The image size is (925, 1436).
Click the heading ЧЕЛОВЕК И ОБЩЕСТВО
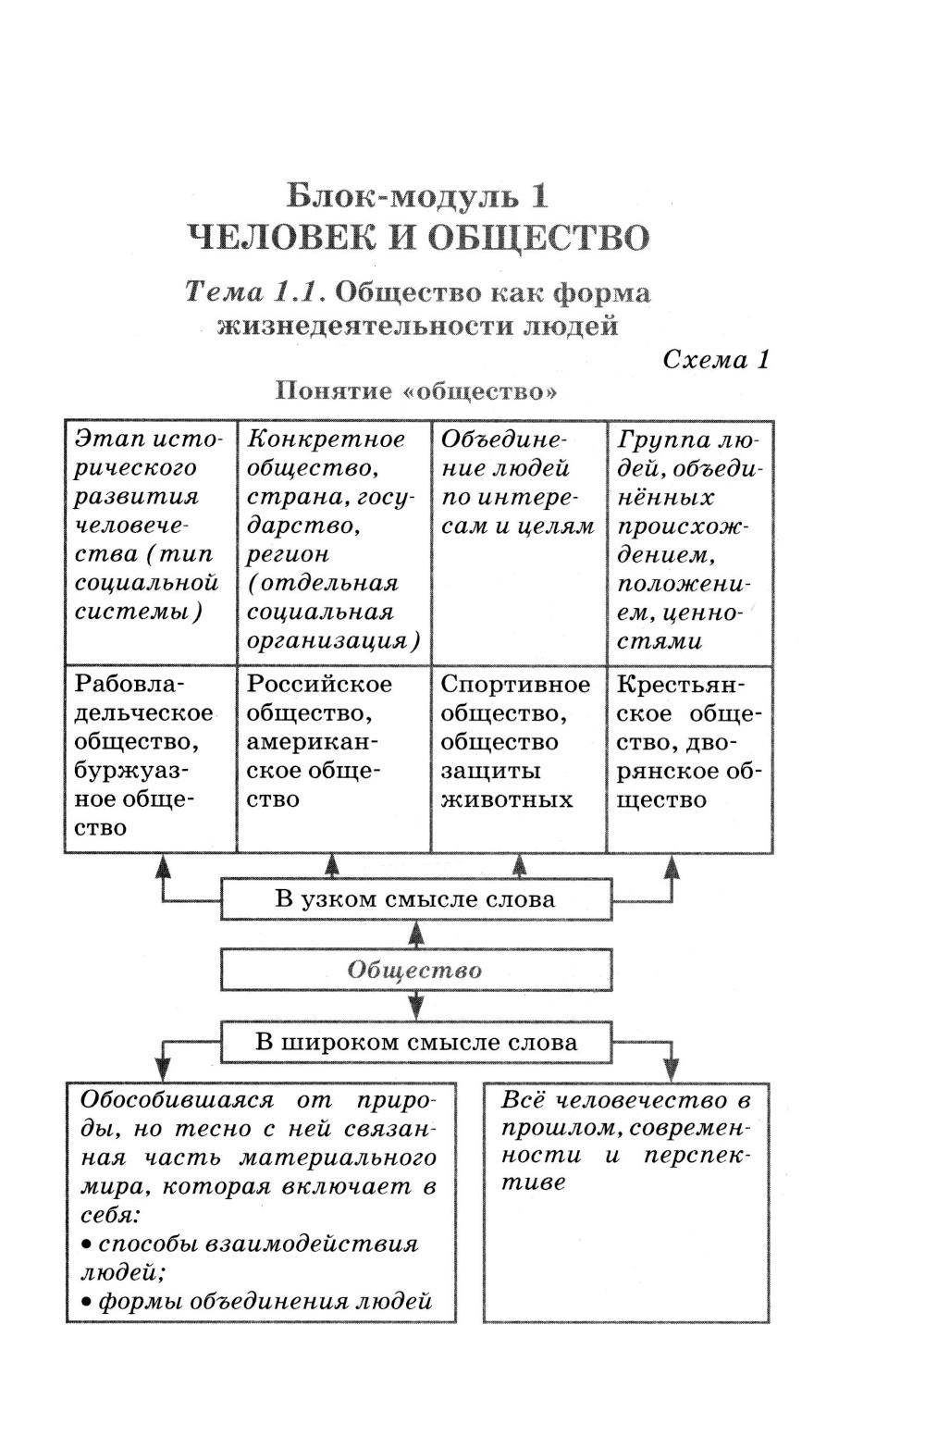coord(418,238)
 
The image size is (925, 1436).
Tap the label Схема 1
coord(716,360)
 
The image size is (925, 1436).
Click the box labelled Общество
coord(415,971)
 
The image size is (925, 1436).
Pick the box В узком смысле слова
coord(415,899)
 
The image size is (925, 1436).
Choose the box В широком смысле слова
coord(415,1043)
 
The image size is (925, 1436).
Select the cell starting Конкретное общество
coord(334,541)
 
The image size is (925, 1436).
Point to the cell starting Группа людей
coord(689,541)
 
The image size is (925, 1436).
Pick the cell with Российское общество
coord(334,741)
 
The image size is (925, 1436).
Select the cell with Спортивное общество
coord(518,741)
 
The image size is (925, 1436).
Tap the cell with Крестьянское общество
coord(689,741)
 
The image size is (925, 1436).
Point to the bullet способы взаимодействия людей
coord(249,1257)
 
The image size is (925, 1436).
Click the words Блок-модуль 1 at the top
coord(418,196)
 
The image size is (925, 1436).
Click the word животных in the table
coord(507,799)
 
